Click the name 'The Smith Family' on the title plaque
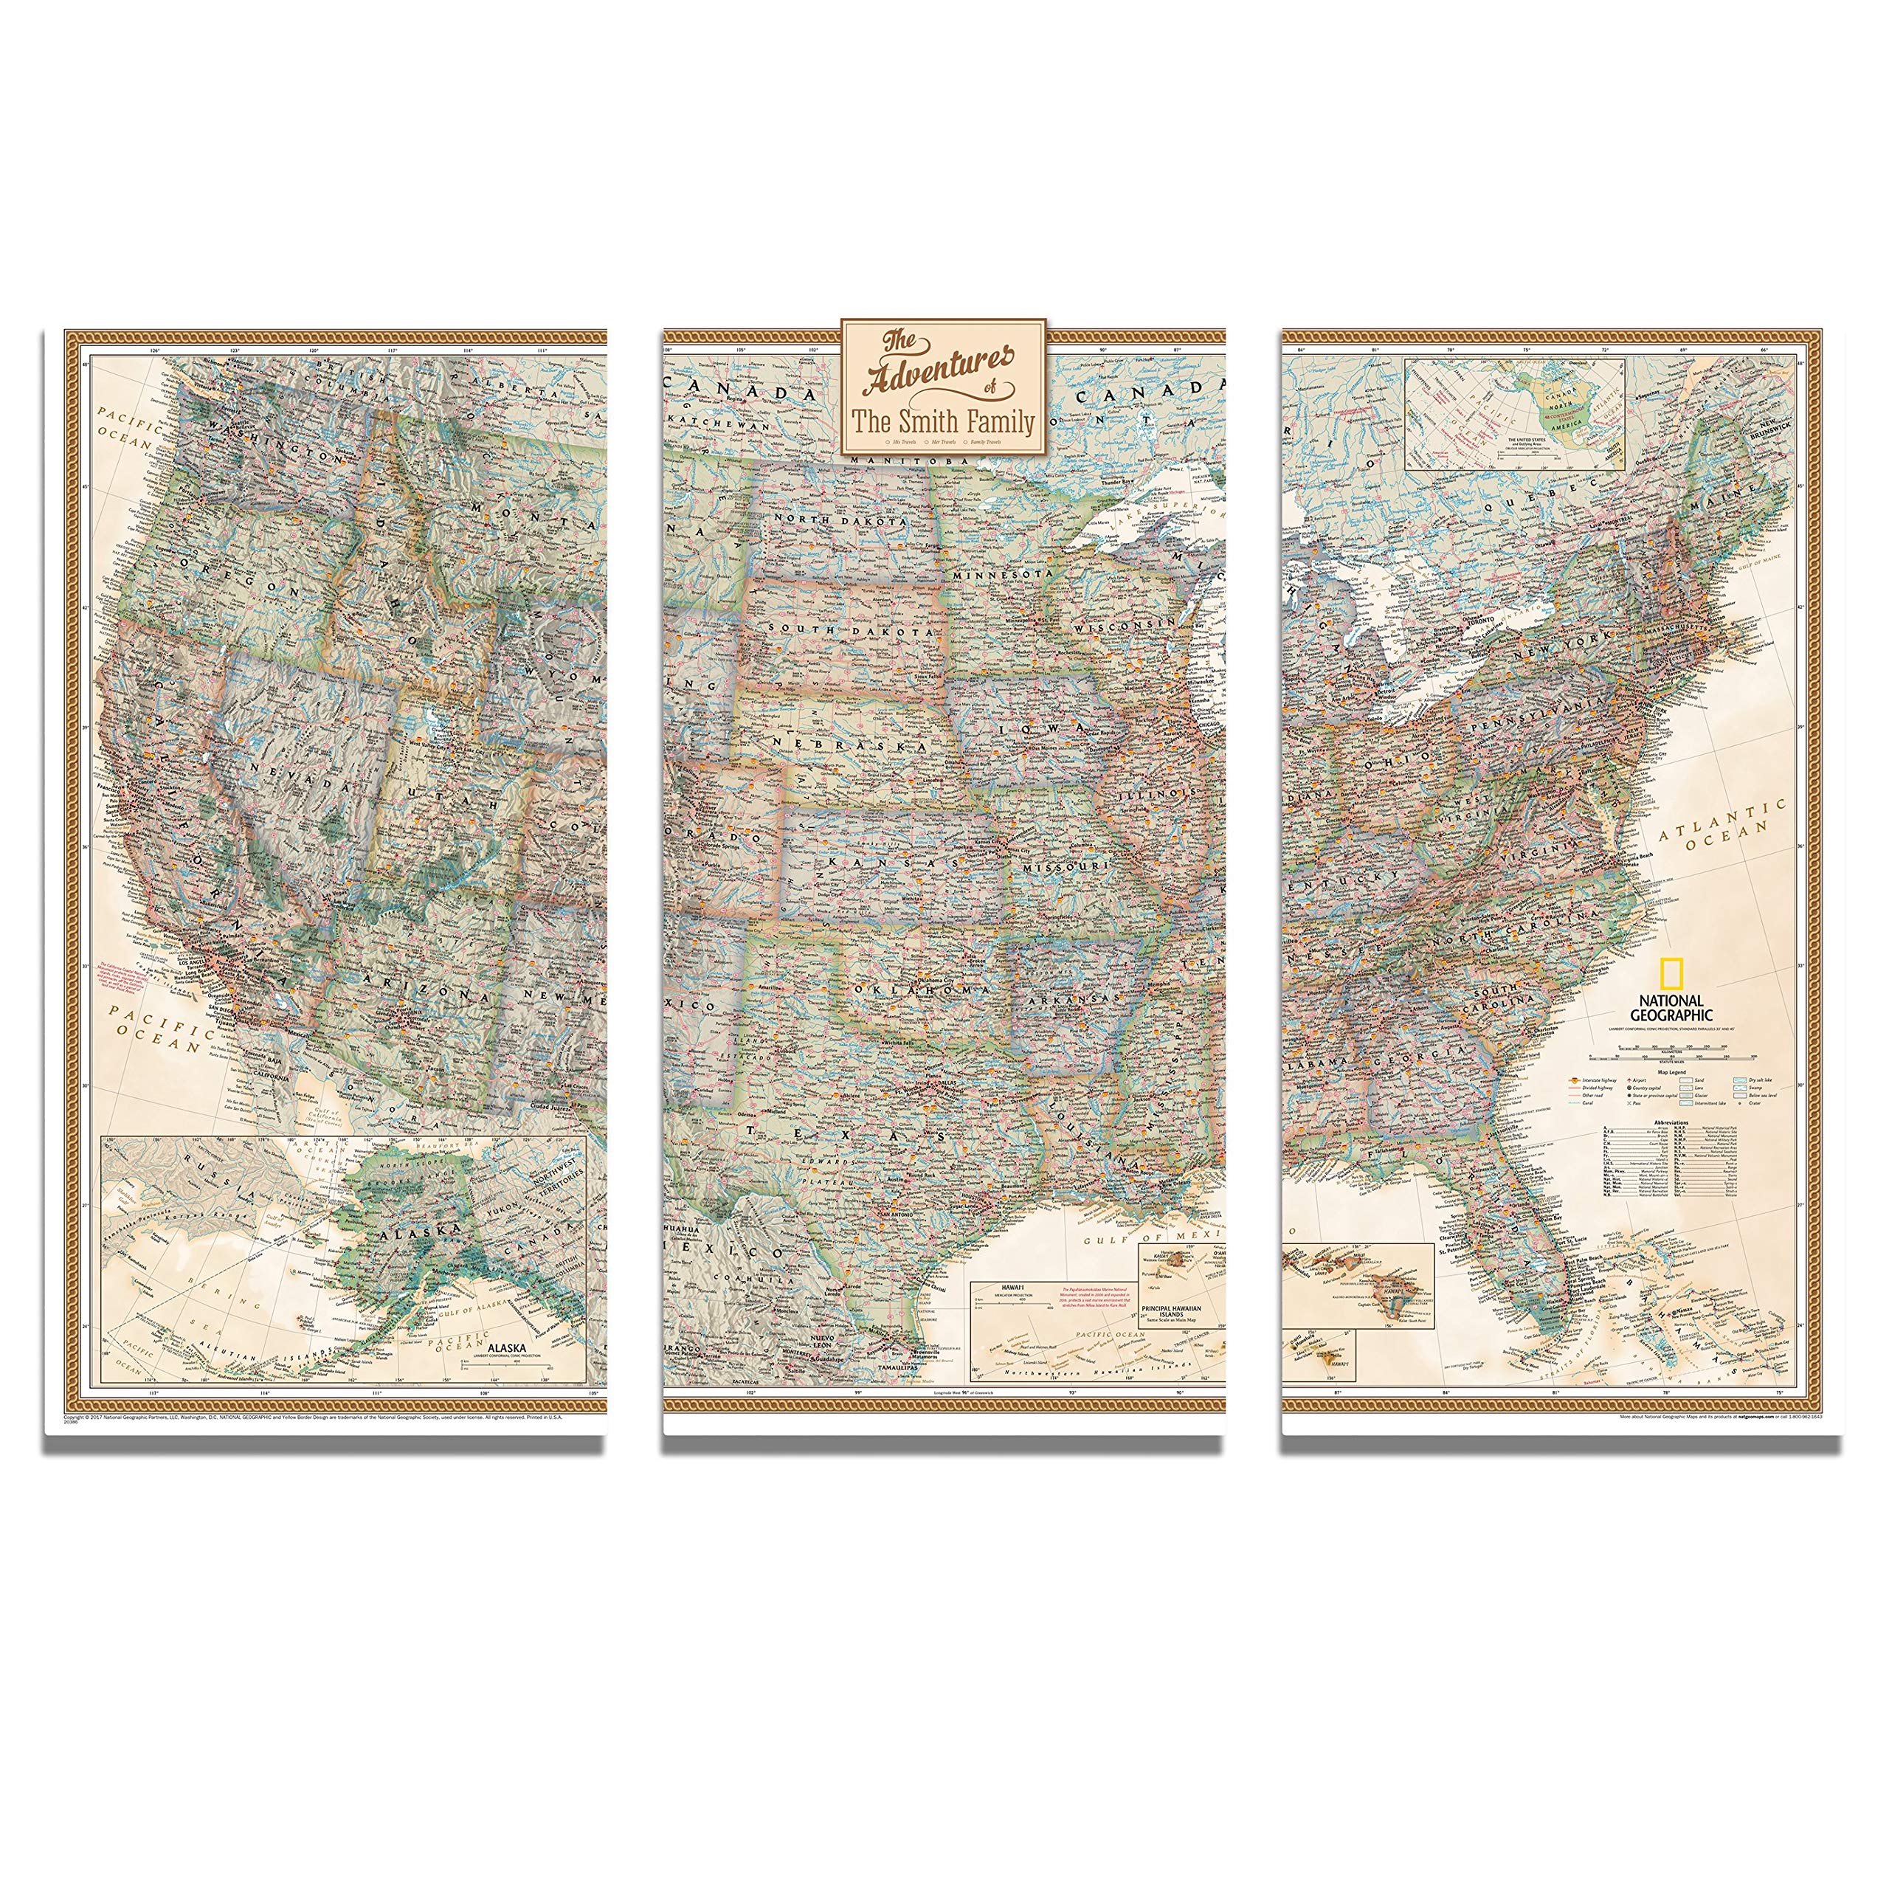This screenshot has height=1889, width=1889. pyautogui.click(x=944, y=421)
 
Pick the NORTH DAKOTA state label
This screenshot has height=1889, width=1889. pyautogui.click(x=840, y=519)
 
